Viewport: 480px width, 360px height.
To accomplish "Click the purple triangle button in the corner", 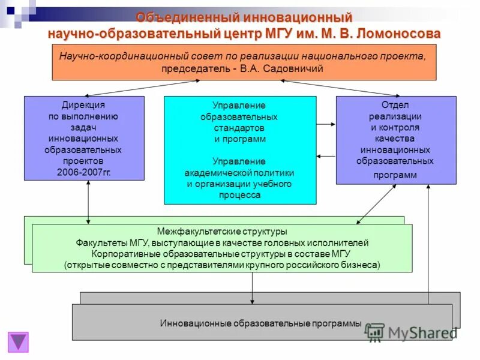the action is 18,341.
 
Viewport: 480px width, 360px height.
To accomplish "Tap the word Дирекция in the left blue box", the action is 84,105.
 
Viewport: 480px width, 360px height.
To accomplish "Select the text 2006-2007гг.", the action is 84,172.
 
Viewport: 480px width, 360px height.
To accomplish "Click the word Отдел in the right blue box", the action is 395,105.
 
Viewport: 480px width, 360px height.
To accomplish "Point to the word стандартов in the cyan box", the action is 240,128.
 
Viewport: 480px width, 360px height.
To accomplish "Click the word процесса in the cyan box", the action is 240,195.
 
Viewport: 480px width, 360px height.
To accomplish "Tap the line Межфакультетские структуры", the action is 222,232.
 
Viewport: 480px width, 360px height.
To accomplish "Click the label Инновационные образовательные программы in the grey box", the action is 261,323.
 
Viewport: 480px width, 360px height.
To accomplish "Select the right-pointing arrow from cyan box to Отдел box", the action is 326,124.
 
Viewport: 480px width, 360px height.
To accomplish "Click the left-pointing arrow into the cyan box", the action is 326,156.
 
